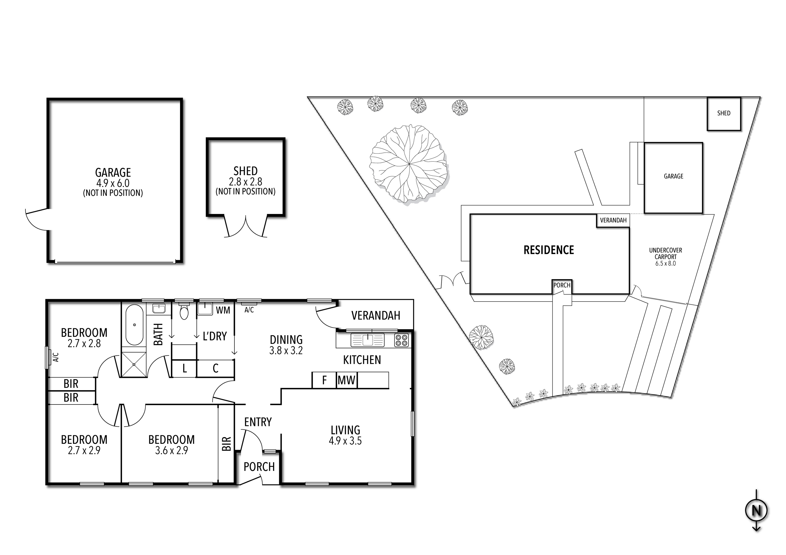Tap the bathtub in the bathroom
tap(134, 325)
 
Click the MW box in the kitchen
tap(347, 380)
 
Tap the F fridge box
tap(324, 380)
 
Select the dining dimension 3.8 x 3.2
tap(286, 351)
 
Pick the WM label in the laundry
tap(223, 310)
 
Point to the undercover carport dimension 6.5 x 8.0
tap(665, 263)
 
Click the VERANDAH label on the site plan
tap(613, 220)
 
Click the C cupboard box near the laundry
tap(215, 368)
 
